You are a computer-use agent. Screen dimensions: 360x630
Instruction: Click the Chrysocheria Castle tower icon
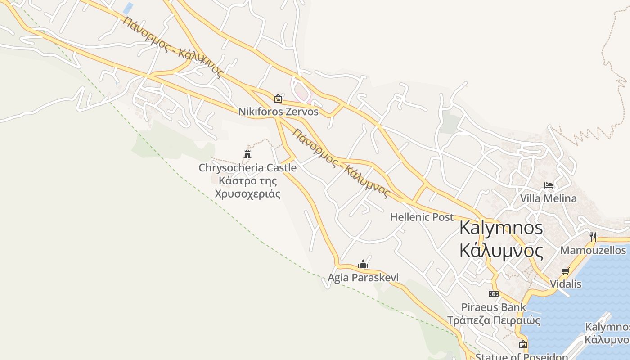[x=247, y=154]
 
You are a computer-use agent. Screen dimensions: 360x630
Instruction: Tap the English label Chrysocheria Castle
[x=247, y=168]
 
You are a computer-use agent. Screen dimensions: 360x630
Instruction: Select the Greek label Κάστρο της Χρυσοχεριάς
[x=247, y=187]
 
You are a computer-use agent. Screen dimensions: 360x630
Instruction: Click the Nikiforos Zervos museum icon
[x=278, y=98]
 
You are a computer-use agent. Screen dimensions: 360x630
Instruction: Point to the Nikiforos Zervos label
[x=278, y=112]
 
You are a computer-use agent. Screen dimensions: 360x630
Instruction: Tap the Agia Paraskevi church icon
[x=363, y=264]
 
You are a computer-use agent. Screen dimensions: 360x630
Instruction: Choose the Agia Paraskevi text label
[x=363, y=278]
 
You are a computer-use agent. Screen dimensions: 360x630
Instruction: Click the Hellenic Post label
[x=422, y=217]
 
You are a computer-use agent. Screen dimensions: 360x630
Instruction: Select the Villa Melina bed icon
[x=548, y=185]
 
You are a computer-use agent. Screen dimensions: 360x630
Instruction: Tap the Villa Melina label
[x=548, y=198]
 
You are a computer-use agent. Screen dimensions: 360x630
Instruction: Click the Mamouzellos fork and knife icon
[x=593, y=237]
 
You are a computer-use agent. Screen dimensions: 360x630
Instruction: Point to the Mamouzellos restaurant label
[x=593, y=250]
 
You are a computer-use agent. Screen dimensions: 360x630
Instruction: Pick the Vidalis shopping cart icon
[x=566, y=271]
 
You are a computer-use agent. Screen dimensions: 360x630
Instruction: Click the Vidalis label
[x=566, y=284]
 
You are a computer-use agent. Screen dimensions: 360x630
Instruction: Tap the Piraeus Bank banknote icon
[x=494, y=294]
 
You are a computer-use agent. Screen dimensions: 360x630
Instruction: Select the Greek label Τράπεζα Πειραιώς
[x=494, y=320]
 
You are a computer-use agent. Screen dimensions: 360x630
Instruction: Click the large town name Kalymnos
[x=501, y=228]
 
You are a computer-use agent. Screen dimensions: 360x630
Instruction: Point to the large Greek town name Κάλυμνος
[x=501, y=250]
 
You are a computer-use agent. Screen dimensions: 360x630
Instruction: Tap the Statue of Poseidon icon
[x=523, y=345]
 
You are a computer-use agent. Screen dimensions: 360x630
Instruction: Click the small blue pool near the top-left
[x=128, y=8]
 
